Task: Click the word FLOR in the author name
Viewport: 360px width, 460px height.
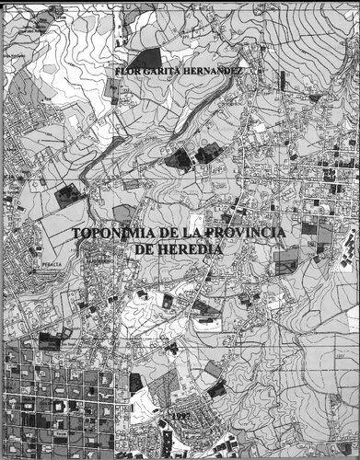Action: (x=123, y=71)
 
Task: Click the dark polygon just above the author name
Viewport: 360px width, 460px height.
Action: (x=145, y=59)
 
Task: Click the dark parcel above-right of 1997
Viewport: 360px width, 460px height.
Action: (x=217, y=387)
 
